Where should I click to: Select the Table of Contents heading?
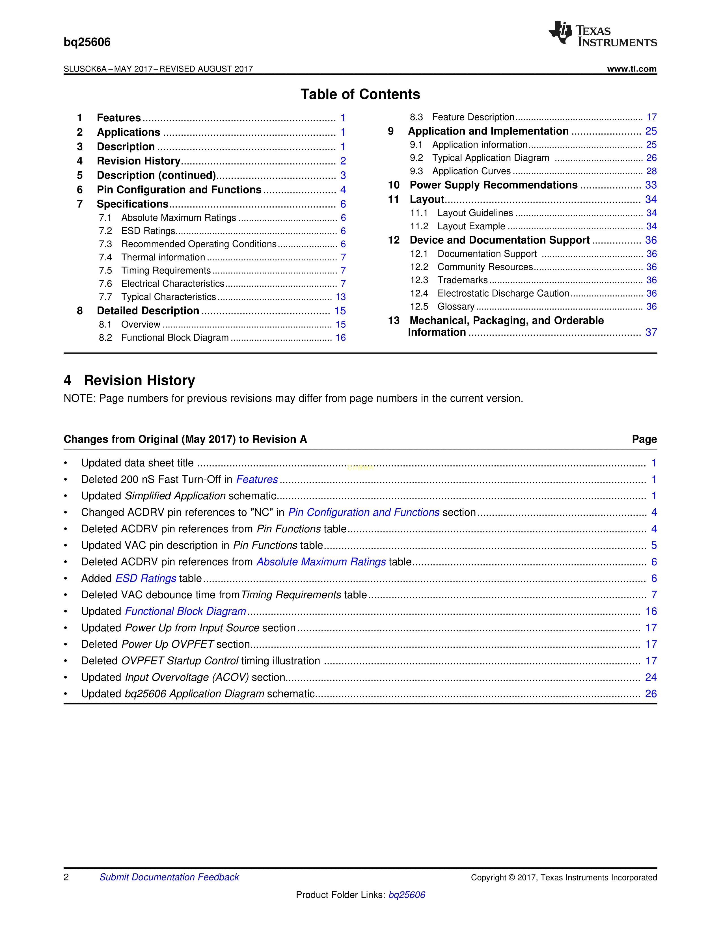360,94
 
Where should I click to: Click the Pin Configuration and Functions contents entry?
179,190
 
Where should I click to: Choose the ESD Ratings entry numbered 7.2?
148,231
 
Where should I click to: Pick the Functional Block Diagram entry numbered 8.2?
175,338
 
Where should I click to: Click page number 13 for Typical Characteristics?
340,297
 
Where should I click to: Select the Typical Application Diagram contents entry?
490,158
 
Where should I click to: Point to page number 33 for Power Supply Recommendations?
651,185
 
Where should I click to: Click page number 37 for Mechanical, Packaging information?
651,332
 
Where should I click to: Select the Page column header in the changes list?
644,439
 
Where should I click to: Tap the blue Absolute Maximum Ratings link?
321,562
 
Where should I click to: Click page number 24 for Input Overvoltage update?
651,677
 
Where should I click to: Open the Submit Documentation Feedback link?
169,877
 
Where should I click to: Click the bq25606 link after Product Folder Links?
407,895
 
